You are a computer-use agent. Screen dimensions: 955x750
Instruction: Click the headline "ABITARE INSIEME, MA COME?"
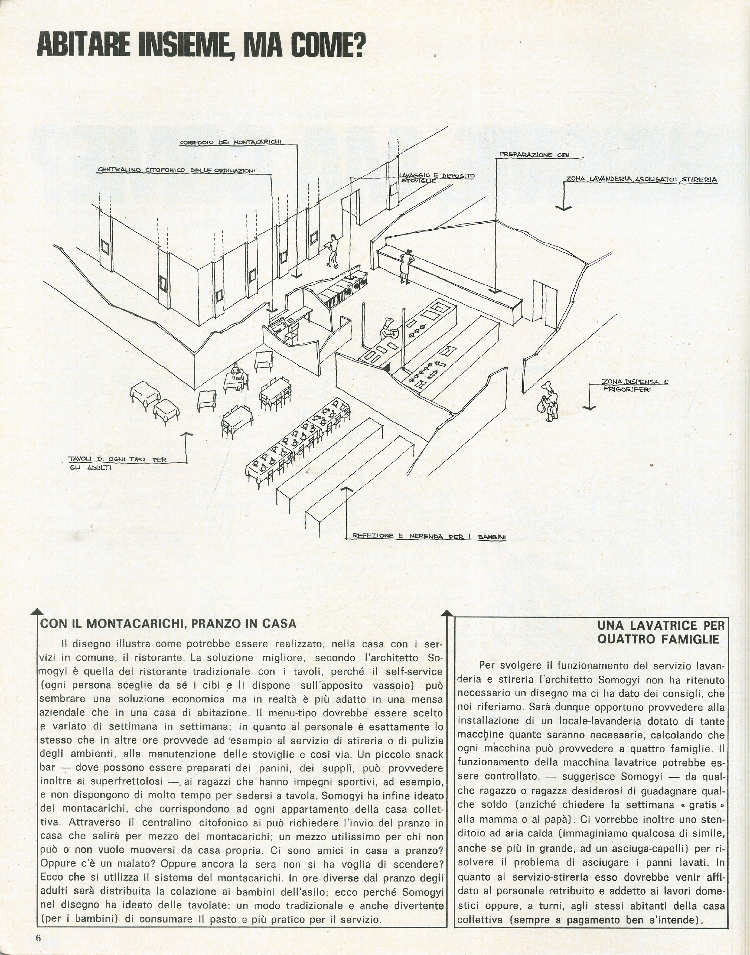[x=201, y=45]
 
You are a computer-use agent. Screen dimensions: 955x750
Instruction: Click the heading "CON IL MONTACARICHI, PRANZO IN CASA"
[x=168, y=624]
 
